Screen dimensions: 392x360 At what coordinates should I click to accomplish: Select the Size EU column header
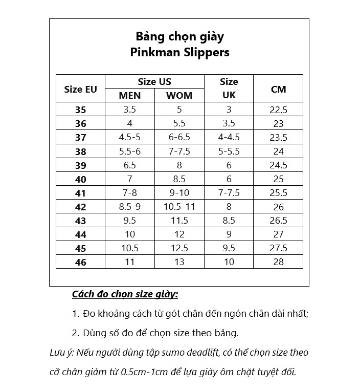80,89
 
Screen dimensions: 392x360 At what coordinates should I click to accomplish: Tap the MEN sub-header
129,96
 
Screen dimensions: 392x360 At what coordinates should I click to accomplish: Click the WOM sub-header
179,96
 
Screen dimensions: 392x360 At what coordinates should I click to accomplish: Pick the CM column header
278,89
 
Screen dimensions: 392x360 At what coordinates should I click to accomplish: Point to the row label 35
81,110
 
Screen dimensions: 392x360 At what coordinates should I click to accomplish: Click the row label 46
81,262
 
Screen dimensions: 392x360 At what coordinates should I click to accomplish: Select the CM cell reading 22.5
278,110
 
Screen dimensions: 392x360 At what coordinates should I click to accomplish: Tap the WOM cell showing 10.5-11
179,207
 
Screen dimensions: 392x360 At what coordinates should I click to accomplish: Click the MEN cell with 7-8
129,193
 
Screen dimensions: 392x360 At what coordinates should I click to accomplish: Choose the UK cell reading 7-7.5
229,193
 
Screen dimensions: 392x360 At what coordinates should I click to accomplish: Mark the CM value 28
278,262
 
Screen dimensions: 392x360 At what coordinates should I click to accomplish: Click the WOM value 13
179,262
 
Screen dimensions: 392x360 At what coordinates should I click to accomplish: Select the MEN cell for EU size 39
129,165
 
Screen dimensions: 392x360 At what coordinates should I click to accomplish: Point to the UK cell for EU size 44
229,234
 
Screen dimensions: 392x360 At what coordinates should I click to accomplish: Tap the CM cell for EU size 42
278,207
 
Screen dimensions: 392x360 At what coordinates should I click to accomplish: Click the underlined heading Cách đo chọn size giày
125,295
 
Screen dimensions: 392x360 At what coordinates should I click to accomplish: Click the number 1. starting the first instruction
76,314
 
